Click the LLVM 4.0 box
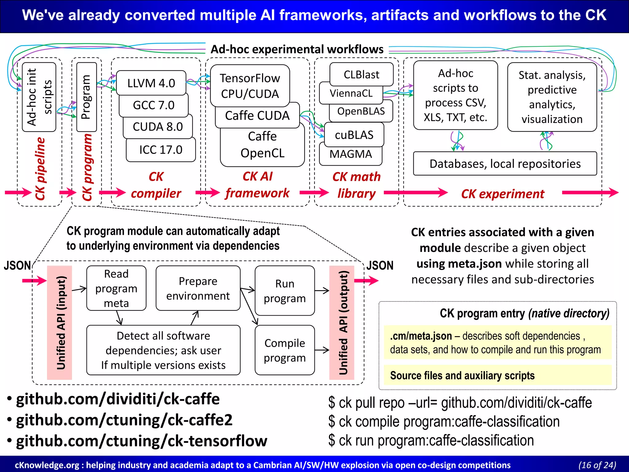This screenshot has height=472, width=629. [151, 83]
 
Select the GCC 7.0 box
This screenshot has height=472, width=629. [154, 105]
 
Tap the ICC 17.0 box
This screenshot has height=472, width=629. [161, 150]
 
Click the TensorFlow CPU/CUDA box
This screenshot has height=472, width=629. [250, 86]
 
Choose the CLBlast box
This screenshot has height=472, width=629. [361, 74]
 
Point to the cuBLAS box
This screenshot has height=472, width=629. [354, 135]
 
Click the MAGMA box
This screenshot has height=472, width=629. [350, 154]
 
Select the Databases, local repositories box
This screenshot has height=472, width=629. [505, 164]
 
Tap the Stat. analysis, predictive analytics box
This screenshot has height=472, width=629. [552, 97]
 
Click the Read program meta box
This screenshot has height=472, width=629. [116, 288]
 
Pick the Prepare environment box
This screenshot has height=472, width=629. [198, 288]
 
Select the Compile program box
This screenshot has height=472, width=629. [284, 350]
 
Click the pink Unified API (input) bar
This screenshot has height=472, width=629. [60, 323]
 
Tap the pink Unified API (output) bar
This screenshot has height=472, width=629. [342, 323]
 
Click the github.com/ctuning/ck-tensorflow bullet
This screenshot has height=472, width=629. [141, 441]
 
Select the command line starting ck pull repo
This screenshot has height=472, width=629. [460, 403]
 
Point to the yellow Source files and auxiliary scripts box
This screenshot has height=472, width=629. [497, 376]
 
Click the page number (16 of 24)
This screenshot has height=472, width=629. [597, 465]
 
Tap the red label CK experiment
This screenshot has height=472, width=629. [502, 194]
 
